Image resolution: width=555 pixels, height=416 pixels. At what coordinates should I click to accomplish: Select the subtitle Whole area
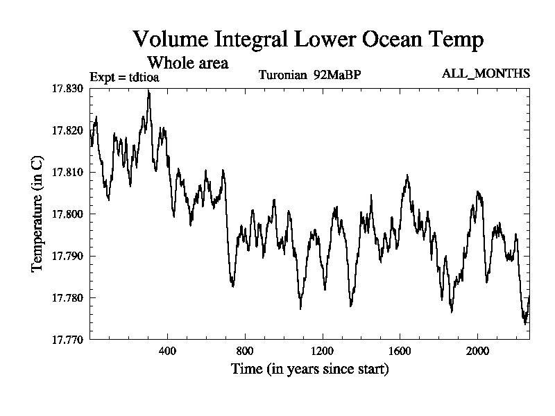click(x=189, y=62)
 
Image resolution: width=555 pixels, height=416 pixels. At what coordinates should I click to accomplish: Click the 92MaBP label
click(x=337, y=74)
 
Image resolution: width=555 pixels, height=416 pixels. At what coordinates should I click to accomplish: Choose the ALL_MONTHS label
click(x=486, y=73)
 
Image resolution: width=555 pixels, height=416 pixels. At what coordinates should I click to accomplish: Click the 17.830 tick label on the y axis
click(x=67, y=89)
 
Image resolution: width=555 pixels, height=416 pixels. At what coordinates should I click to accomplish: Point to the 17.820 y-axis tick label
click(x=67, y=130)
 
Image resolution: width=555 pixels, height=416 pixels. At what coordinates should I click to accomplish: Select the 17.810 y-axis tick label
click(x=67, y=172)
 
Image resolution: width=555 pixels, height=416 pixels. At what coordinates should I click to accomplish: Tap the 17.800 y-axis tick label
click(x=67, y=214)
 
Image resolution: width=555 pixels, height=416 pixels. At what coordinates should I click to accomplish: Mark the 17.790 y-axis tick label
click(x=67, y=256)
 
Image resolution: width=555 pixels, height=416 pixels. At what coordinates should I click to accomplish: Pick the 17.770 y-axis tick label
click(x=67, y=340)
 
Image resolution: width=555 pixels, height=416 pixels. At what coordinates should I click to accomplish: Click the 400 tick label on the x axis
click(x=167, y=351)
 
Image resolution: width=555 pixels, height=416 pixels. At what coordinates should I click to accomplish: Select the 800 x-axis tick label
click(x=245, y=351)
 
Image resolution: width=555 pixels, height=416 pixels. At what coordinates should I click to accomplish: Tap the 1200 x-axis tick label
click(x=323, y=351)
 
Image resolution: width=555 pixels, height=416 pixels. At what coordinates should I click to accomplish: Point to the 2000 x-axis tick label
click(x=477, y=351)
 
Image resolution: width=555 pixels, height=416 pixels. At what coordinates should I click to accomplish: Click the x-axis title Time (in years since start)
click(x=309, y=369)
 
